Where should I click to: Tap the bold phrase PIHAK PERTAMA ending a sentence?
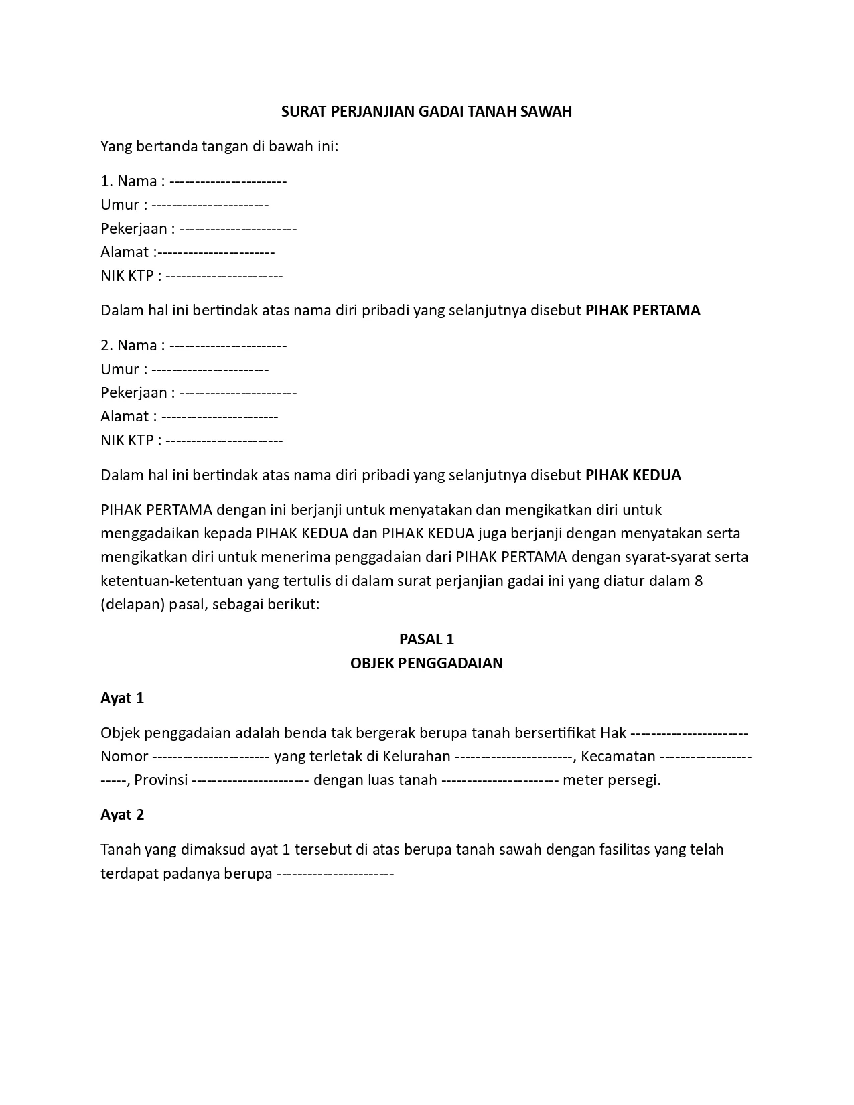642,311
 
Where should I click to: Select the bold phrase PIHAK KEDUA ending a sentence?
633,475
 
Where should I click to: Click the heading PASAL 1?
427,640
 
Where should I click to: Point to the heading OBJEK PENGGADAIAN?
427,664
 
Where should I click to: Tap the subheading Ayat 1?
122,698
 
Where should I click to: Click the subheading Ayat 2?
122,815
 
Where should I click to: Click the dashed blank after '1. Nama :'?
228,181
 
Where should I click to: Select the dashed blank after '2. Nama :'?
228,346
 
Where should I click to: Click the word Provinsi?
161,780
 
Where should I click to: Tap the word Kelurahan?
417,757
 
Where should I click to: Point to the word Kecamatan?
618,757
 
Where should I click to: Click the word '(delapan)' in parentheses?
133,605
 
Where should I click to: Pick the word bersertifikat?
555,733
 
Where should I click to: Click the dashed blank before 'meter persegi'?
500,780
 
